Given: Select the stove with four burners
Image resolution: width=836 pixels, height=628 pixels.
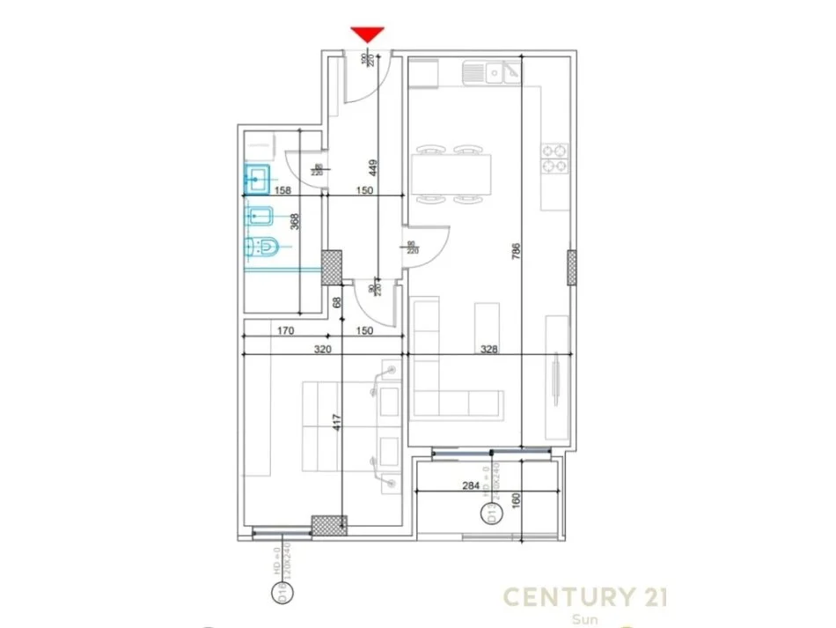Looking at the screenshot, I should click(554, 158).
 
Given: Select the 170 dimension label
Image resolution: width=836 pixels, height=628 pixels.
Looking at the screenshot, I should click(282, 331).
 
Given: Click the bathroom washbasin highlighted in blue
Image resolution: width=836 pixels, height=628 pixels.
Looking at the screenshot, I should click(258, 181).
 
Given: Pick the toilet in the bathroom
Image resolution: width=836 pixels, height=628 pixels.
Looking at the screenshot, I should click(261, 251).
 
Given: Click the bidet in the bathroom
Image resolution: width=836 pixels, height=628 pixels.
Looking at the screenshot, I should click(261, 214).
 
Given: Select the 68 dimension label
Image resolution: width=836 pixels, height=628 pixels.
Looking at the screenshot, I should click(337, 302).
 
